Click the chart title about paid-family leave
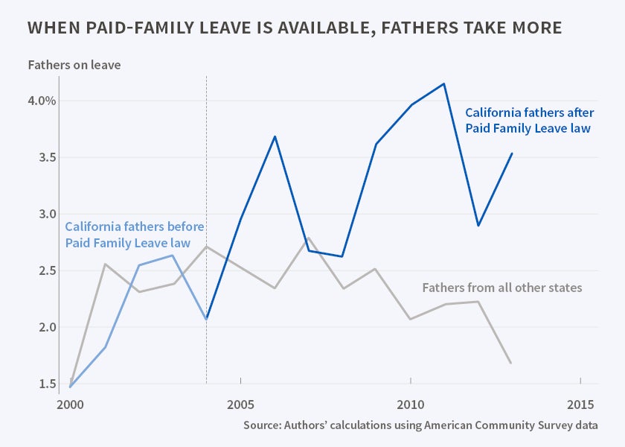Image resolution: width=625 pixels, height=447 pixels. (294, 28)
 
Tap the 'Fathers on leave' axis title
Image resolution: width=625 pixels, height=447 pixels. (74, 65)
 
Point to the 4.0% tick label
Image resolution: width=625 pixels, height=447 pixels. (42, 101)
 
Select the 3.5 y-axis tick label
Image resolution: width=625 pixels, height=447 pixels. (46, 157)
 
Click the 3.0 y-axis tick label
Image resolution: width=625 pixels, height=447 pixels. (46, 214)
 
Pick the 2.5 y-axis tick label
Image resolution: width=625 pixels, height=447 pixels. (46, 270)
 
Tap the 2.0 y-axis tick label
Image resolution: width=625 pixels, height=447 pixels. (46, 327)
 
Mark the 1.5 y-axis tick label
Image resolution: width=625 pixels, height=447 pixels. (46, 384)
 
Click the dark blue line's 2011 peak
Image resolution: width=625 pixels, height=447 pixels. (444, 83)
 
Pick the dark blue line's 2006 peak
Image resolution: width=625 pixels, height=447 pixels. (275, 136)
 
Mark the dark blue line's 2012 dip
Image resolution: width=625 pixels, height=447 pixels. (478, 225)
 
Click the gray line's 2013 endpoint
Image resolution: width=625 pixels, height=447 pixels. (511, 363)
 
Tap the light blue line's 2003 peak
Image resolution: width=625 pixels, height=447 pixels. (173, 256)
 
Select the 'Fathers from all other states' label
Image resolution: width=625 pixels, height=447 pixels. (501, 288)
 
